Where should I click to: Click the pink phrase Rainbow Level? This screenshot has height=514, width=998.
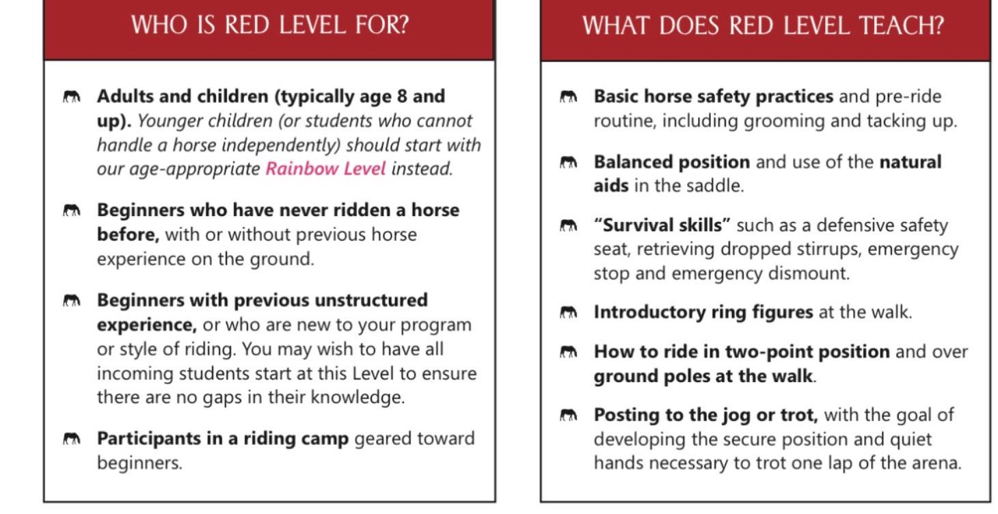coord(325,169)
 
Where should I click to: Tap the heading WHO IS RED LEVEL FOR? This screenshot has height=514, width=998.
coord(269,25)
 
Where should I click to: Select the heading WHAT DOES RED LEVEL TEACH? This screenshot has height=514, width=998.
coord(763,26)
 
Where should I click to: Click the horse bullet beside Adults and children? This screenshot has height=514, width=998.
coord(71,97)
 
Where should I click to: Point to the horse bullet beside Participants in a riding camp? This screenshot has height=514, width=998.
coord(71,439)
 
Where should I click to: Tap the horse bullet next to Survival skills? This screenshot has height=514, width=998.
coord(568,226)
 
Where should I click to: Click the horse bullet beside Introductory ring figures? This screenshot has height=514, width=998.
coord(568,313)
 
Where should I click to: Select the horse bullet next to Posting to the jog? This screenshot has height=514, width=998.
coord(568,416)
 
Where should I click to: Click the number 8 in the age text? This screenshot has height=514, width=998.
coord(401,96)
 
